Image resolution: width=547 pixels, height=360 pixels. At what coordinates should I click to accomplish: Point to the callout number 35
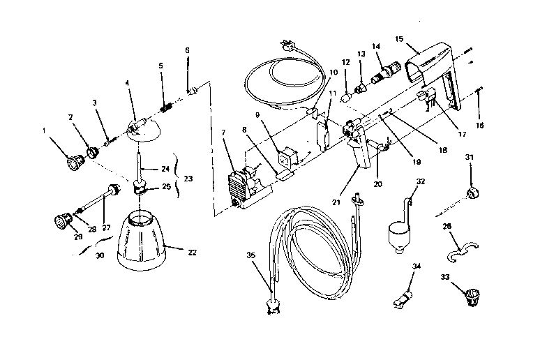coord(250,255)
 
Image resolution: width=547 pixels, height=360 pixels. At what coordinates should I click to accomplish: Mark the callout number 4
coord(127,82)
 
